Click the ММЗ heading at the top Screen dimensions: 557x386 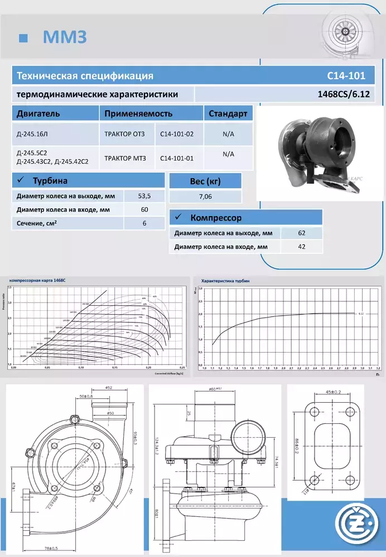pyautogui.click(x=65, y=37)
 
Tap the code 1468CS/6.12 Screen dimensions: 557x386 pyautogui.click(x=343, y=94)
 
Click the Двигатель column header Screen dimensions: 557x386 pyautogui.click(x=38, y=114)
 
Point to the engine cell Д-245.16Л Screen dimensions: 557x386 pyautogui.click(x=33, y=134)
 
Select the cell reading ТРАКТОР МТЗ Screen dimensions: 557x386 pyautogui.click(x=125, y=158)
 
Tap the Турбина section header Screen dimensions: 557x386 pyautogui.click(x=50, y=181)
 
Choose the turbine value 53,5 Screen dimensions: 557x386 pyautogui.click(x=144, y=196)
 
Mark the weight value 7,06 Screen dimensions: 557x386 pyautogui.click(x=205, y=197)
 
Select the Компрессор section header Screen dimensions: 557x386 pyautogui.click(x=216, y=218)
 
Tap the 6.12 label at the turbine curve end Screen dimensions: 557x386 pyautogui.click(x=361, y=314)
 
